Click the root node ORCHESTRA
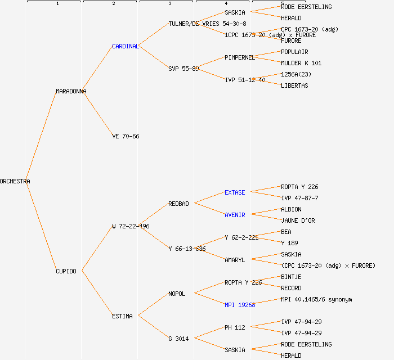15,181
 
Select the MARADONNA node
71,91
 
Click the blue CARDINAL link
125,46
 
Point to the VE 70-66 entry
126,136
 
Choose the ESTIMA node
122,316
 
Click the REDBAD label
178,204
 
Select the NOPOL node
177,294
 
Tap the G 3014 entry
178,339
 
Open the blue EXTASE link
235,192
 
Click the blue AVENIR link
235,215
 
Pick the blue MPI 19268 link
240,305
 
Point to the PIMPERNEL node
240,57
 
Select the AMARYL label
235,260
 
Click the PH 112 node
235,327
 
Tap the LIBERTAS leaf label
294,85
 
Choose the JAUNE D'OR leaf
298,220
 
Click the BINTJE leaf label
291,277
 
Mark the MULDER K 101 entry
301,63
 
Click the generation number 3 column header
169,4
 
